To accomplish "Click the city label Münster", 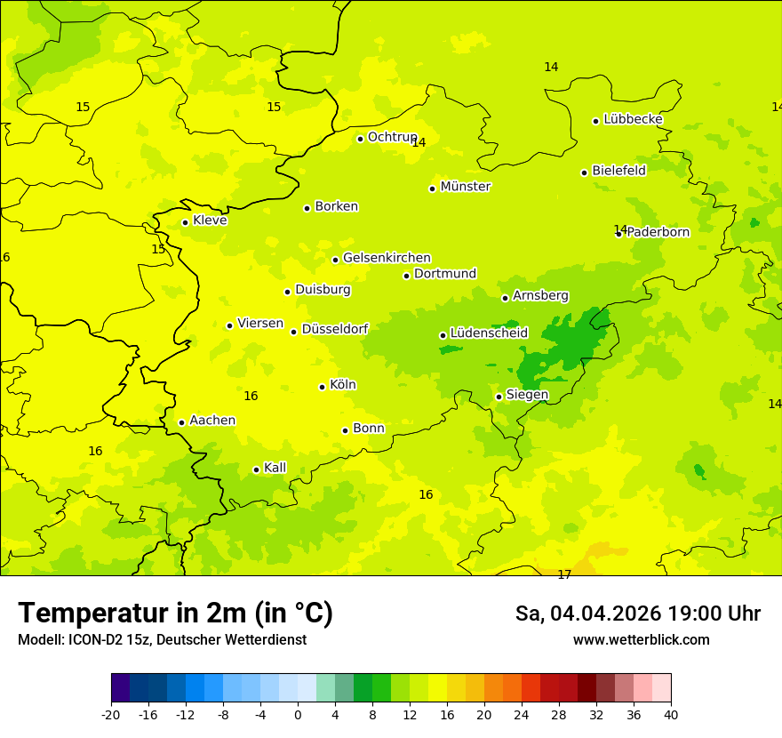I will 465,187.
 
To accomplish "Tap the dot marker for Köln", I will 323,387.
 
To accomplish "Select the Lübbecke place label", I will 633,119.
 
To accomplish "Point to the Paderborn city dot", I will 619,233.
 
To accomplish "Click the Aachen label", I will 212,421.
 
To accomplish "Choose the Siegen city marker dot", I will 499,397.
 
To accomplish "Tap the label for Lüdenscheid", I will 489,333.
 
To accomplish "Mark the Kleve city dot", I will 186,222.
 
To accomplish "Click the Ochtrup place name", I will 392,137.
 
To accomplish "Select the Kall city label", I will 275,468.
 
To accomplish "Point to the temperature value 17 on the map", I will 564,575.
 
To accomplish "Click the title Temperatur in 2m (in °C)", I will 175,614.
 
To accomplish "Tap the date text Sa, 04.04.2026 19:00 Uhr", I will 637,614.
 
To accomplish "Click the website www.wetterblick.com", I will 641,640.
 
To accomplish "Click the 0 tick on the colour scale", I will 298,714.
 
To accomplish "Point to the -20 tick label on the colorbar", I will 111,714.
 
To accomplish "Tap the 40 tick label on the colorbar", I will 671,714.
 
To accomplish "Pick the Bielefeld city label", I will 618,170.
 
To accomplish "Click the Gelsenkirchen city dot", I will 336,260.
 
